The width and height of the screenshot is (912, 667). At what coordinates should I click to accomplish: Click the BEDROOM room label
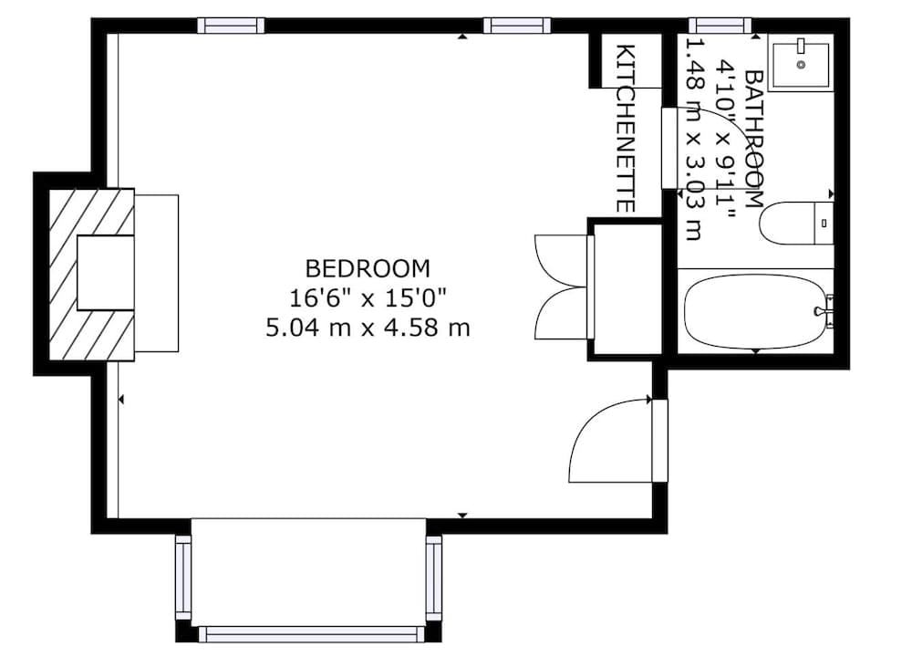pos(368,268)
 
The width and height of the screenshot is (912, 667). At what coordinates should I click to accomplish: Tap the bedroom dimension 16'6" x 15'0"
pos(368,297)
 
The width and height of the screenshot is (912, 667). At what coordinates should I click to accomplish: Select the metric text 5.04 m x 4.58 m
pos(368,327)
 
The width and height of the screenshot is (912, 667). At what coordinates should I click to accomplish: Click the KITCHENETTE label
pos(625,128)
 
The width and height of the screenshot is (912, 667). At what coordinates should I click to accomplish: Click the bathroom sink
pos(800,62)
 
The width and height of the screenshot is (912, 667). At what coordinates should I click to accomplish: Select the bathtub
pos(755,312)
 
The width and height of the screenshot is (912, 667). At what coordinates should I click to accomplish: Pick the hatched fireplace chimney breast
pos(91,274)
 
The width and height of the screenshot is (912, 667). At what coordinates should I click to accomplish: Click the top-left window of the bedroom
pos(231,26)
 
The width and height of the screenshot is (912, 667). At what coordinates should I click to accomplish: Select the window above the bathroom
pos(720,26)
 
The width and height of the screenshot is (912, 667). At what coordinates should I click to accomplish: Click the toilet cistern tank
pos(824,224)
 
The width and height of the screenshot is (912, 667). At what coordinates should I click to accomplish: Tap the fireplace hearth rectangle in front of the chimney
pos(156,273)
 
